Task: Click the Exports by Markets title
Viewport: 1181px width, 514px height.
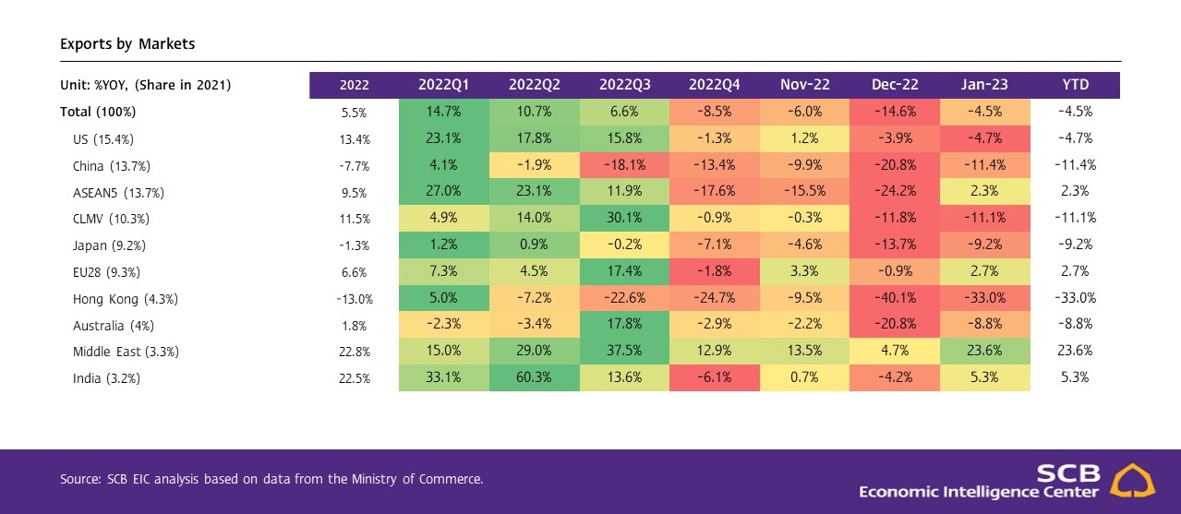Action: pos(127,43)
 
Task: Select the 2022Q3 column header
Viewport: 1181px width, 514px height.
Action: pos(625,85)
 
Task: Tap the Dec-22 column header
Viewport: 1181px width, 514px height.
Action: pos(895,85)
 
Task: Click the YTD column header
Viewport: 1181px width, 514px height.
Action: pos(1075,85)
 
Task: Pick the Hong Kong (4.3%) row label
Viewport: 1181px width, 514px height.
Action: pos(125,299)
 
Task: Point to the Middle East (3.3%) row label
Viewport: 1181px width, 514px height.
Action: pos(126,352)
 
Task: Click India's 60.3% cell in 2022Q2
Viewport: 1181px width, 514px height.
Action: pos(535,378)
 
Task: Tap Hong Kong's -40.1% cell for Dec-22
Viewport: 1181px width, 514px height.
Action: pos(895,299)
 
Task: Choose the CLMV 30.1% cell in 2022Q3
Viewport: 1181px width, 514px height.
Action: pos(625,219)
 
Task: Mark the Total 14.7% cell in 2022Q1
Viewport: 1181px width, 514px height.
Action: pos(444,112)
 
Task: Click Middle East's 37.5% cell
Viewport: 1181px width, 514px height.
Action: pos(625,352)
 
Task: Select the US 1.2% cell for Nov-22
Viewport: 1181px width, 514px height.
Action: pos(804,138)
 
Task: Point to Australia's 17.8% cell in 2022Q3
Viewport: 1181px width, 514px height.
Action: pos(625,325)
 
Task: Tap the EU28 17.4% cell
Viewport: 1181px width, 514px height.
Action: pos(625,272)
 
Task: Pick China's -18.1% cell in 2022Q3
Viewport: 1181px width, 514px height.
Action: pos(625,165)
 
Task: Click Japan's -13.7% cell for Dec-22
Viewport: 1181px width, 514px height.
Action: pos(895,245)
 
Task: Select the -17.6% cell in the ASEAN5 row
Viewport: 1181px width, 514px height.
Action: pos(715,192)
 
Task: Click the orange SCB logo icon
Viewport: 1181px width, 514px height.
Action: pos(1132,481)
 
